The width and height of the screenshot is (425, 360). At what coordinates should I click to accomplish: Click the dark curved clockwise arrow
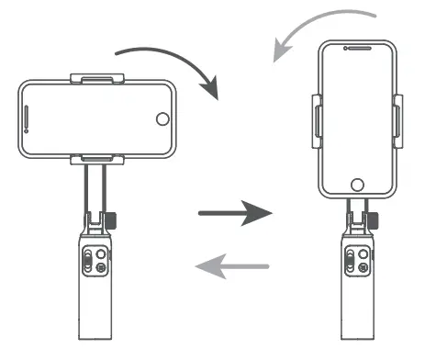[x=184, y=57]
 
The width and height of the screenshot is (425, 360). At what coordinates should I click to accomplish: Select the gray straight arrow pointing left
[x=233, y=267]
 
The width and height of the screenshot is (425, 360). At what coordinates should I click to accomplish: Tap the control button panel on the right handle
[x=355, y=261]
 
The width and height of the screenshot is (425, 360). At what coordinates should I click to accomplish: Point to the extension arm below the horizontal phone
[x=95, y=188]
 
